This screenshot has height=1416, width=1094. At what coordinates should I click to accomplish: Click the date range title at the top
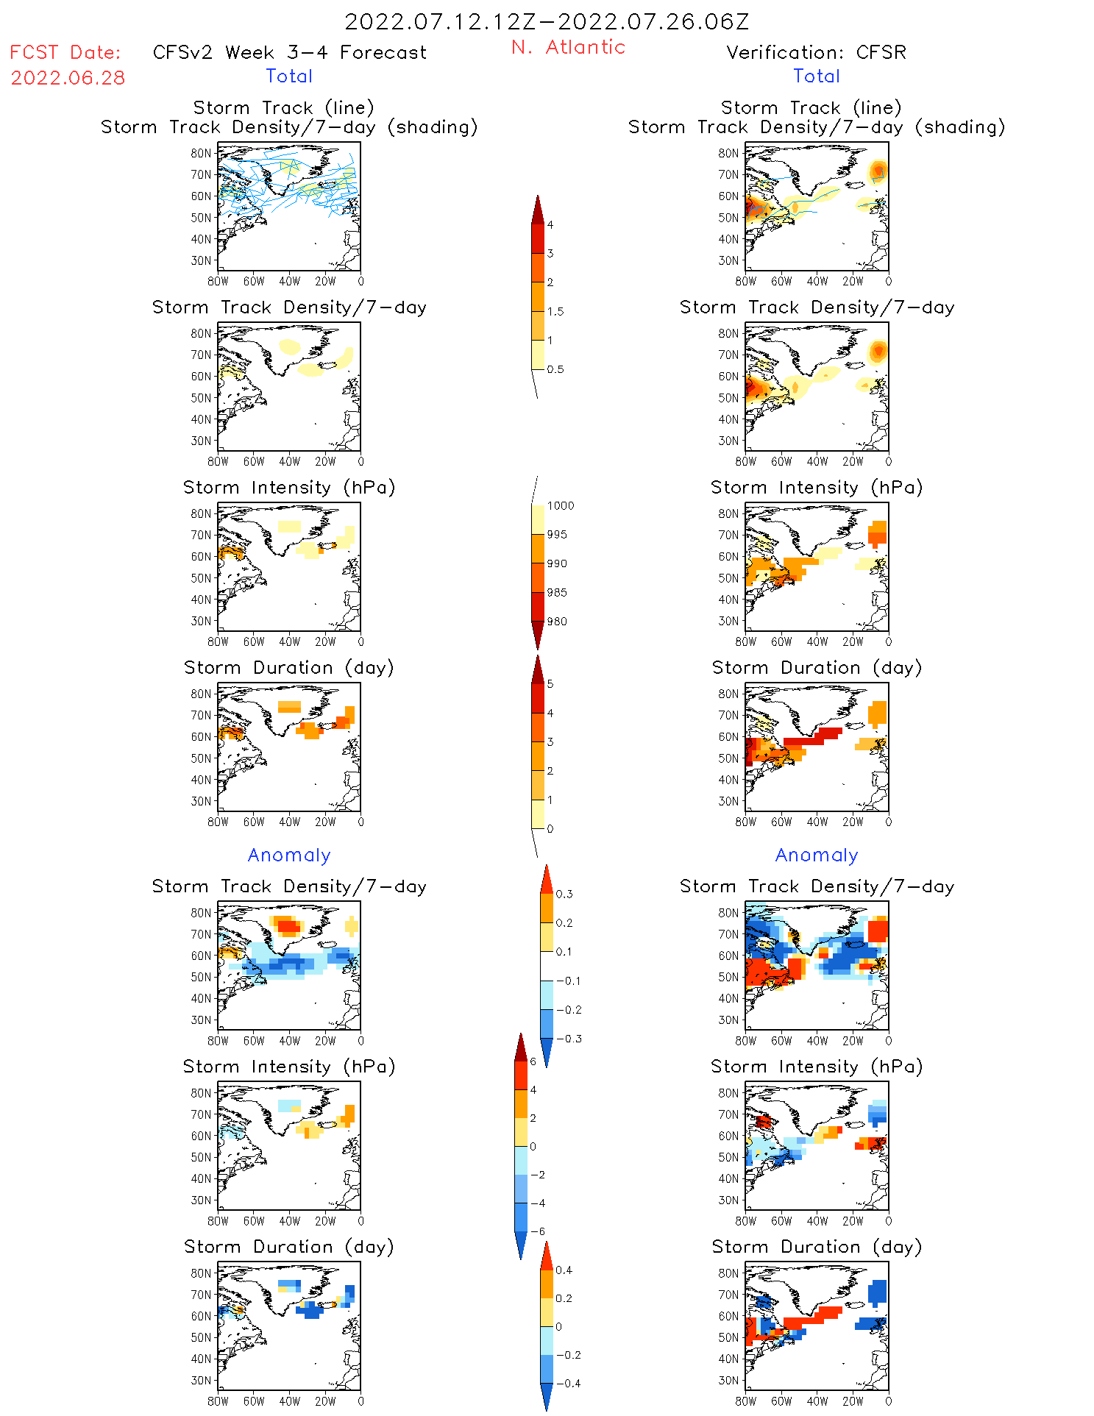(547, 22)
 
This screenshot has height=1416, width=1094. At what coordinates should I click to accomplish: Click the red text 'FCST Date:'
(65, 53)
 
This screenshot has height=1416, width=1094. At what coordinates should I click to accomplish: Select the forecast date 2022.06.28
(68, 78)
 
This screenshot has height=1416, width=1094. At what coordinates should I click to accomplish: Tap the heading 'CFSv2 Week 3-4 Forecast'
(289, 53)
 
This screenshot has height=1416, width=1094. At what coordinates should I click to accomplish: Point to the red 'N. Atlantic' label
(568, 47)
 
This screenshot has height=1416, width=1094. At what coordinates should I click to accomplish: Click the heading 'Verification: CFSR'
(816, 53)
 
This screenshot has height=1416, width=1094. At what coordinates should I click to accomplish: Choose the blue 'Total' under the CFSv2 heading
(289, 77)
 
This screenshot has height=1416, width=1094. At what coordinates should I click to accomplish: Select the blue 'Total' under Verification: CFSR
(816, 77)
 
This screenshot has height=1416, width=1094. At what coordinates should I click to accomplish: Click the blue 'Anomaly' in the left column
(289, 855)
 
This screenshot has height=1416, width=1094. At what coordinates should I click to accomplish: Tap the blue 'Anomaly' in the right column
(817, 855)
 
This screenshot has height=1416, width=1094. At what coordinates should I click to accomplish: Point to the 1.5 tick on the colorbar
(555, 312)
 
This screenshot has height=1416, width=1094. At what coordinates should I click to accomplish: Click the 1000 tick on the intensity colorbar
(561, 506)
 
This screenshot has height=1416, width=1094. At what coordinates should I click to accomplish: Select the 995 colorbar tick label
(557, 535)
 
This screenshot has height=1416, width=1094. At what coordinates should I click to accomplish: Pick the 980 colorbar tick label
(557, 622)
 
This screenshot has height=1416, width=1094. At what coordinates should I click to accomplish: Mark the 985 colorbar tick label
(557, 593)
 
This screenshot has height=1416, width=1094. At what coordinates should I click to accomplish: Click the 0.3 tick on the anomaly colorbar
(564, 894)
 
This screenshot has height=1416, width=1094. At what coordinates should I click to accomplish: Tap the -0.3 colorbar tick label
(568, 1039)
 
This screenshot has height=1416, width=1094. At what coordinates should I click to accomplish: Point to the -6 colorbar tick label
(538, 1232)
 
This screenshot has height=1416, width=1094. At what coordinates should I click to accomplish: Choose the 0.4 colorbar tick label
(564, 1270)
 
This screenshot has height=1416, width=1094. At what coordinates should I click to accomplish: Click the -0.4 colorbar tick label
(567, 1384)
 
